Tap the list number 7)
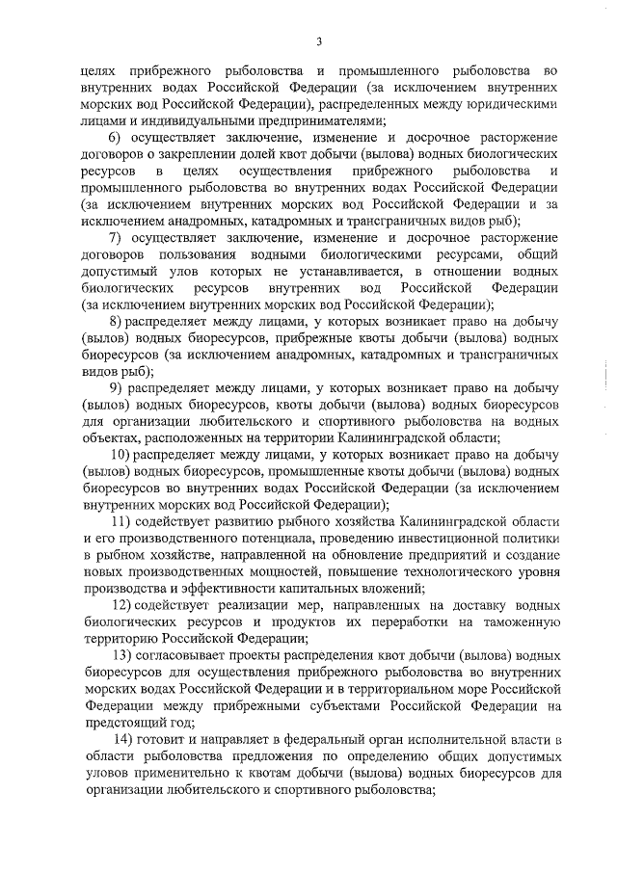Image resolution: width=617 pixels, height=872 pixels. (x=115, y=238)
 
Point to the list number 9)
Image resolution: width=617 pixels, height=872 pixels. (x=115, y=387)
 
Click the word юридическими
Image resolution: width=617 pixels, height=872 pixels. (x=513, y=104)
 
